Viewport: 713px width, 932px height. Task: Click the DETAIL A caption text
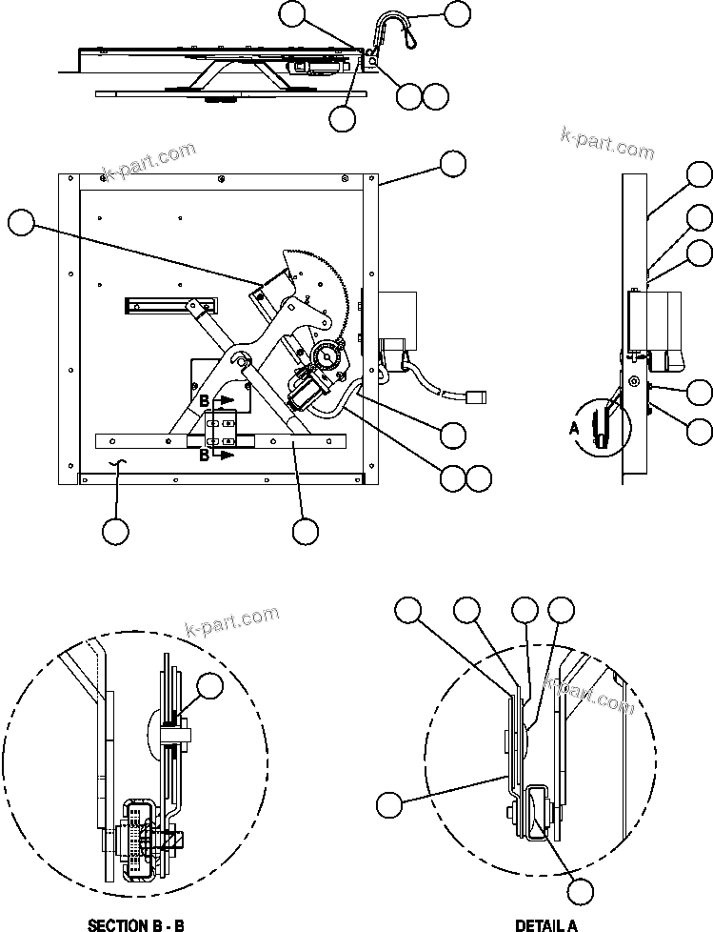(546, 924)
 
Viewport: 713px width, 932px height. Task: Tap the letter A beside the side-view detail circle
(573, 429)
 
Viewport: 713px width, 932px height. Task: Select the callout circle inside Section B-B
(209, 686)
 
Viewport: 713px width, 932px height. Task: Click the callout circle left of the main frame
(21, 223)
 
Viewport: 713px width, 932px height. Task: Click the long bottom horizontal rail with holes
(219, 441)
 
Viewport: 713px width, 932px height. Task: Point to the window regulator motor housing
(307, 390)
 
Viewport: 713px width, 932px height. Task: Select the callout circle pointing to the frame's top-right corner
(453, 163)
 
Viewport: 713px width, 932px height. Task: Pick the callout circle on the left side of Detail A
(388, 804)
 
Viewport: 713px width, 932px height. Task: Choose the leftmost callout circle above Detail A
(408, 610)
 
